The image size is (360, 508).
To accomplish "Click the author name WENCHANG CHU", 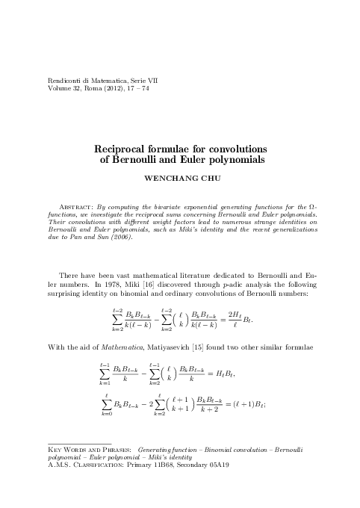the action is [x=180, y=179].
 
